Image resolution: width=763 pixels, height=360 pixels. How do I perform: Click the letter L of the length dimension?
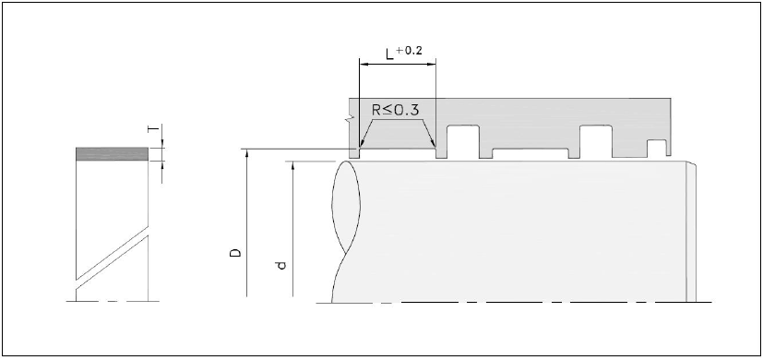389,54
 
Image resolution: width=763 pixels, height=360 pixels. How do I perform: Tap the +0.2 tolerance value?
410,51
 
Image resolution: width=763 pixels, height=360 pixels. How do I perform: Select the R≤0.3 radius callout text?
395,110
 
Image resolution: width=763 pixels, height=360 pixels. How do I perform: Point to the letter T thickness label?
154,128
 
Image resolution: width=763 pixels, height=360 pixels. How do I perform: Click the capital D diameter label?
236,253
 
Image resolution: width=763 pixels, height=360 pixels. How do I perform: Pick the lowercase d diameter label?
281,265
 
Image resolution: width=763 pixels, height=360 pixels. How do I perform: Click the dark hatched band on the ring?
112,154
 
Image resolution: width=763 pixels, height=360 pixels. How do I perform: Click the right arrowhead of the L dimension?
432,64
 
